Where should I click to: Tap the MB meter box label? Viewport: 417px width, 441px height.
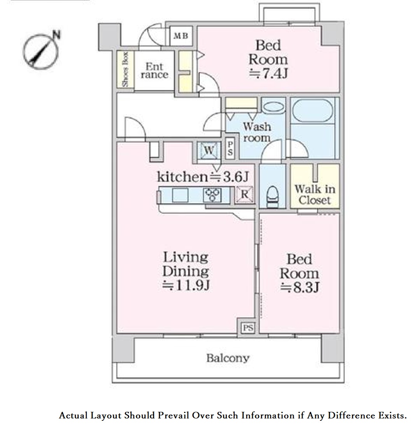pyautogui.click(x=180, y=36)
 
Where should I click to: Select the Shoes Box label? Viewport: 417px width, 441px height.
pyautogui.click(x=125, y=69)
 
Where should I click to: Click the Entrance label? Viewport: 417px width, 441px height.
pyautogui.click(x=154, y=71)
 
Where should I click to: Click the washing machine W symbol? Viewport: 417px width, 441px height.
pyautogui.click(x=209, y=150)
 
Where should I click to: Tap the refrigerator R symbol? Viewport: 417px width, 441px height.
pyautogui.click(x=244, y=194)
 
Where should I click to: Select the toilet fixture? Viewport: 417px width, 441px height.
pyautogui.click(x=272, y=197)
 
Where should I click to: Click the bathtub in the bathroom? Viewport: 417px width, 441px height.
pyautogui.click(x=313, y=110)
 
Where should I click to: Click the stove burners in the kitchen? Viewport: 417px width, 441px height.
pyautogui.click(x=212, y=195)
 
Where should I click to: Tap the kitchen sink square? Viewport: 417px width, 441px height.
pyautogui.click(x=180, y=195)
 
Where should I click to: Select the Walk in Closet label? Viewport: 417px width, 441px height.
pyautogui.click(x=315, y=194)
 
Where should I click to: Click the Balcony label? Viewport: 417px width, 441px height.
pyautogui.click(x=228, y=358)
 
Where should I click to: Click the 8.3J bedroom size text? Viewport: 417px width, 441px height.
pyautogui.click(x=300, y=287)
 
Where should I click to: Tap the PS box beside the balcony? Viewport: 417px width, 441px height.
pyautogui.click(x=248, y=328)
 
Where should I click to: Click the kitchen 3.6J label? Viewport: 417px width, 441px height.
pyautogui.click(x=203, y=177)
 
